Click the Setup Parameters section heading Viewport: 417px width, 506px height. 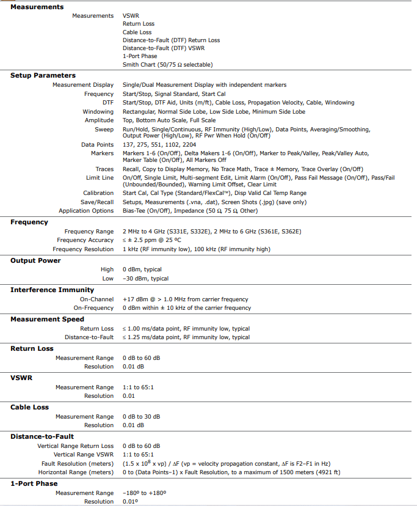[43, 75]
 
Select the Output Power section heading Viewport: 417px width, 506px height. [35, 260]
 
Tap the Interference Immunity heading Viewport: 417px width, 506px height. [52, 290]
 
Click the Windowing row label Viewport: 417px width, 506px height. [98, 112]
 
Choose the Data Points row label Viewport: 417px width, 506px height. [97, 144]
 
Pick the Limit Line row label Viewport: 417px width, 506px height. [100, 177]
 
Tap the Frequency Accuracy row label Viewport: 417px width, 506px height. [84, 240]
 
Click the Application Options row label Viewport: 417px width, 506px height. [86, 211]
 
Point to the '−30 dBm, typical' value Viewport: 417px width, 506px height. [145, 279]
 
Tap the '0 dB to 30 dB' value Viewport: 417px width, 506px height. [141, 416]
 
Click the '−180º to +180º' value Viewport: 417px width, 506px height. [145, 493]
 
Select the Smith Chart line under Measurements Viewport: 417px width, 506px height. [167, 64]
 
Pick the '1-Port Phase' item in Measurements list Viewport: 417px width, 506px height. [140, 56]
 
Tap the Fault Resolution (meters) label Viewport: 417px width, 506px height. [76, 463]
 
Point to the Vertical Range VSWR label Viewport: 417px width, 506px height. [84, 455]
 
